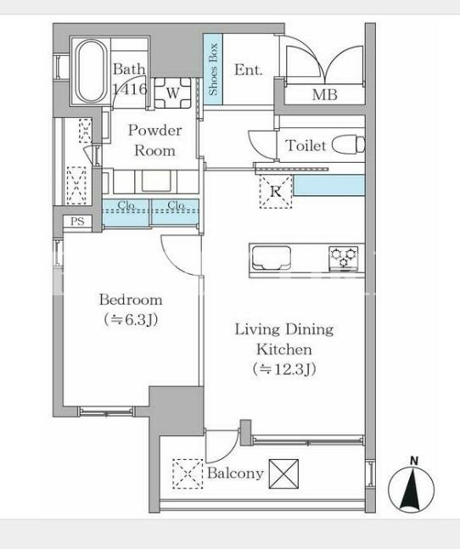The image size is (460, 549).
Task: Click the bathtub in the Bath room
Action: click(92, 71)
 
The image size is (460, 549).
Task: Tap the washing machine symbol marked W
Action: click(172, 92)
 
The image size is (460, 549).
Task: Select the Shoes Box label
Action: click(213, 69)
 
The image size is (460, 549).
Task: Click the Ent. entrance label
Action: click(248, 70)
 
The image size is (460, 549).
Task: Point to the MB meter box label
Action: click(325, 94)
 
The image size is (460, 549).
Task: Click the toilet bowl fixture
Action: click(348, 144)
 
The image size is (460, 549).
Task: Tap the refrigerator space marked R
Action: click(276, 192)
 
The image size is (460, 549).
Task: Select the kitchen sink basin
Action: click(272, 259)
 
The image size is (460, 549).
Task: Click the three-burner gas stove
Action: click(344, 259)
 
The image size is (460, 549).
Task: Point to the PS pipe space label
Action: click(77, 221)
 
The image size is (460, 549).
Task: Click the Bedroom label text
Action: click(131, 300)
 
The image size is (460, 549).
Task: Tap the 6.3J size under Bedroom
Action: click(131, 320)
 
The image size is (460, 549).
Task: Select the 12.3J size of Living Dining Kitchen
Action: click(284, 369)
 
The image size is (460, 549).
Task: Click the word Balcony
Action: click(235, 473)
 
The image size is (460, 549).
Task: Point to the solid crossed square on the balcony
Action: click(284, 474)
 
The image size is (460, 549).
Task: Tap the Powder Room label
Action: click(154, 140)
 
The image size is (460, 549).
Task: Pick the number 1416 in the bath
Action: click(130, 89)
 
